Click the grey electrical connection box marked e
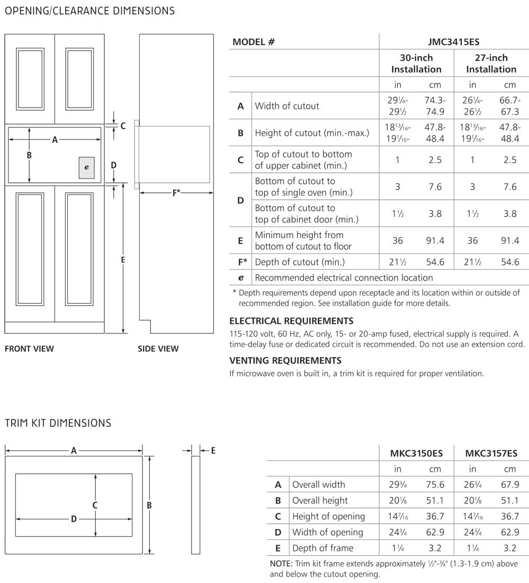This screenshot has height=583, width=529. pos(87,167)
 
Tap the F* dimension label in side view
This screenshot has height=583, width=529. pos(176,192)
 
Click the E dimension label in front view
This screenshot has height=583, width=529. pos(123,260)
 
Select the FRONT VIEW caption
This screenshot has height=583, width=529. pos(29,349)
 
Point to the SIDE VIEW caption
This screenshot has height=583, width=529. pos(158,349)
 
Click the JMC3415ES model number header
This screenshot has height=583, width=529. pos(453,42)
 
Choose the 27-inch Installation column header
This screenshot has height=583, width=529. pos(491,64)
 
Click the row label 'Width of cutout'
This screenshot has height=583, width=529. pos(287,106)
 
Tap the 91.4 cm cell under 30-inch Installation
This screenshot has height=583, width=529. pos(435,241)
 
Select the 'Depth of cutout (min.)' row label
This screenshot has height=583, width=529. pos(300,262)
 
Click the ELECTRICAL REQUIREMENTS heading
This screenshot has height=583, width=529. pos(291,321)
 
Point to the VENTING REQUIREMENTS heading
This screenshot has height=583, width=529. pos(285,360)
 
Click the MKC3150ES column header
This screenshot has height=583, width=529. pos(417,453)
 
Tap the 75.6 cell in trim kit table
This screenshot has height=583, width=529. pos(435,484)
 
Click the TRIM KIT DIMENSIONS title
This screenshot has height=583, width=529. pos(58,423)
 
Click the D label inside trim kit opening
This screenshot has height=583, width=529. pos(74,519)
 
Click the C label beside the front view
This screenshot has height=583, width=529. pos(123,126)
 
